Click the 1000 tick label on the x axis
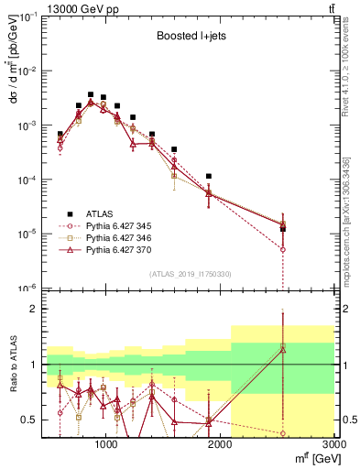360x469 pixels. point(106,445)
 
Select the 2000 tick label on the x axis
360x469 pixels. point(220,445)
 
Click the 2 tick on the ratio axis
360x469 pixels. point(34,309)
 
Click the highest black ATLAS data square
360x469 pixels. point(91,94)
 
